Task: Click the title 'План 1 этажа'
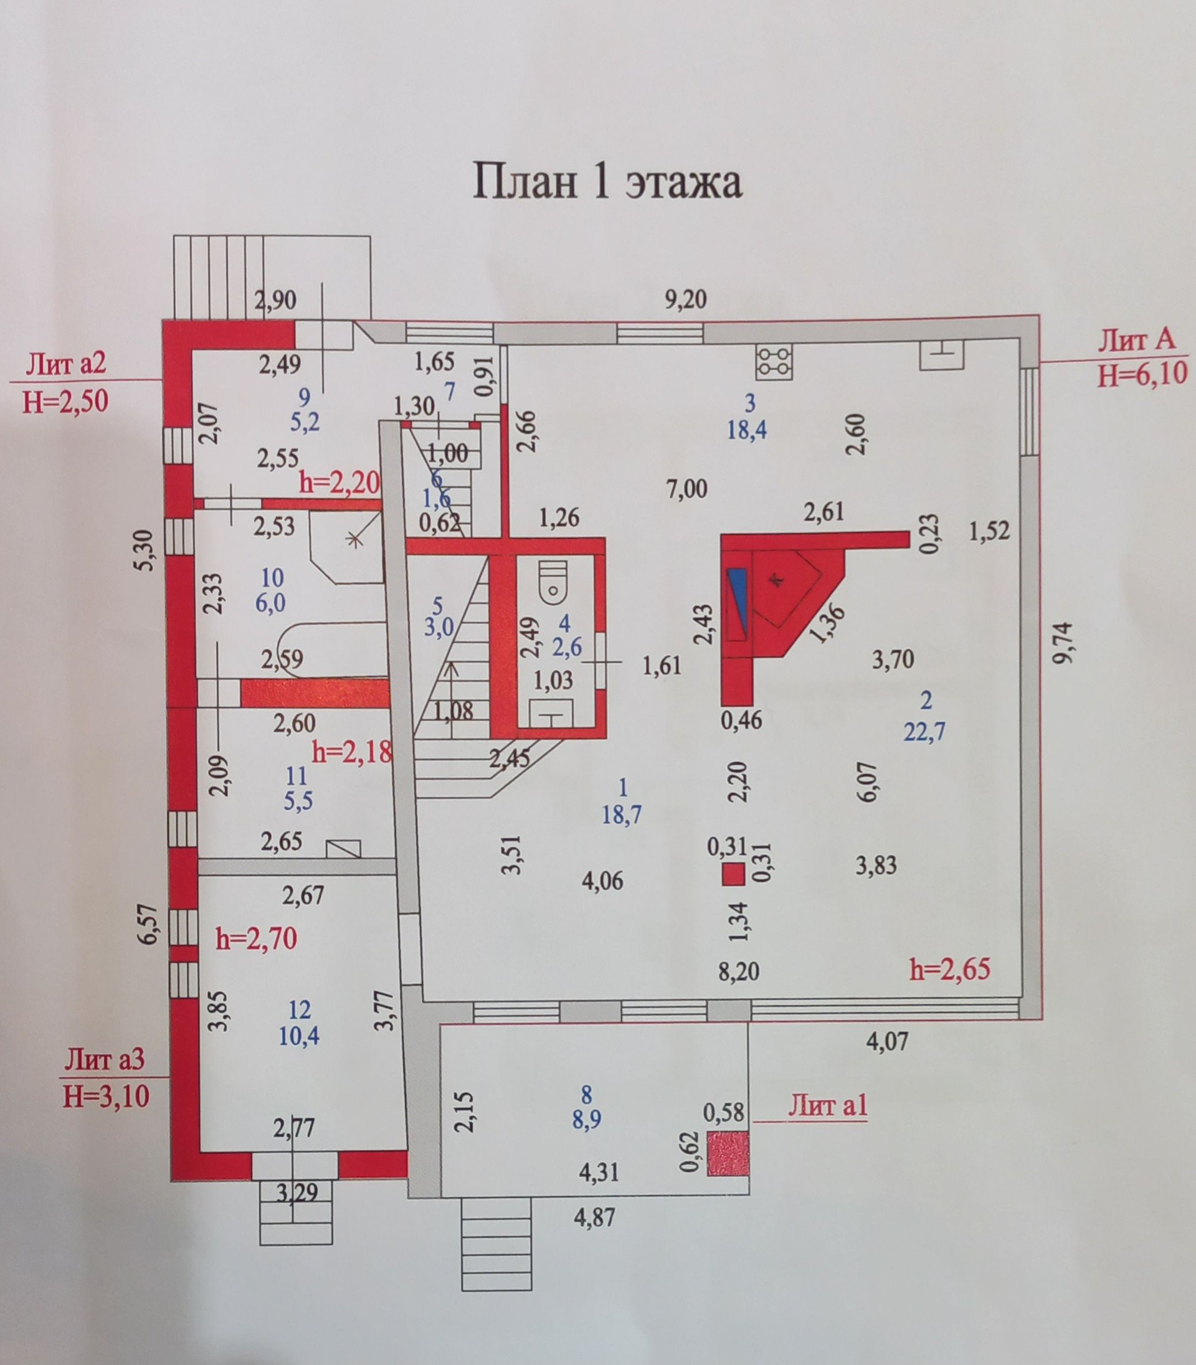[607, 181]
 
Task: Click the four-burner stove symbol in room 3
[774, 362]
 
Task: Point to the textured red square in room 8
[728, 1153]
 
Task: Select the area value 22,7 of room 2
[924, 733]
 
